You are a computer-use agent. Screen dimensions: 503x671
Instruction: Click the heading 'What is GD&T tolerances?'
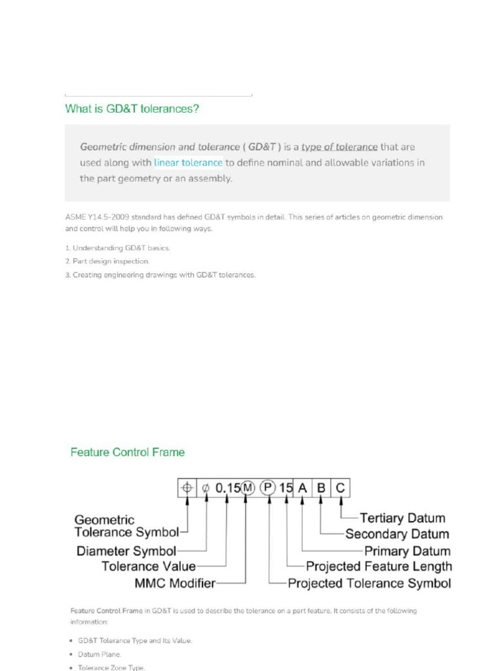132,109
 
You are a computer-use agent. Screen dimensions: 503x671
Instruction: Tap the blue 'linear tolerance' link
189,163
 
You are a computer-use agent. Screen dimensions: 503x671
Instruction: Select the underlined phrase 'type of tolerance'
339,147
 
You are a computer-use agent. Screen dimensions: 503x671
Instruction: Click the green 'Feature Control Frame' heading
128,452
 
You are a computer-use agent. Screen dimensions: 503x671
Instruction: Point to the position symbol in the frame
187,488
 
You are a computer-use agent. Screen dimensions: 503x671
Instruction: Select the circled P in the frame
268,488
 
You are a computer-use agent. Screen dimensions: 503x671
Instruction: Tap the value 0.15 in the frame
227,488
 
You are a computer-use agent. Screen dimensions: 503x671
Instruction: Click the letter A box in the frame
302,488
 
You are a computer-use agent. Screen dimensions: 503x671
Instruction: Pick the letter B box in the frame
321,488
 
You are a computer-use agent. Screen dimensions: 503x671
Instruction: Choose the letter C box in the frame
340,488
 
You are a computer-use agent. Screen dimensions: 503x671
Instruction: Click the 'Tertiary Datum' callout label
402,518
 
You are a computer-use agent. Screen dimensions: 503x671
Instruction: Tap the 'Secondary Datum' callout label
397,534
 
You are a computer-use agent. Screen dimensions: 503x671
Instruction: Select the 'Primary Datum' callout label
407,551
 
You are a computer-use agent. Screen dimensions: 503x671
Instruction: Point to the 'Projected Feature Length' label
379,566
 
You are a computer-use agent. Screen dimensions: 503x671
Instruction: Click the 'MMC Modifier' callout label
175,582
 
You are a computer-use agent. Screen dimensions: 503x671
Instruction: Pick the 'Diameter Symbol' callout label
126,551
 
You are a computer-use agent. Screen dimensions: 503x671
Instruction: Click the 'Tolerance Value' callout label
149,566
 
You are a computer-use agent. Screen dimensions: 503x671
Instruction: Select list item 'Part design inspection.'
111,261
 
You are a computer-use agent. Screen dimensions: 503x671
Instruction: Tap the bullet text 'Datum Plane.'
100,654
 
